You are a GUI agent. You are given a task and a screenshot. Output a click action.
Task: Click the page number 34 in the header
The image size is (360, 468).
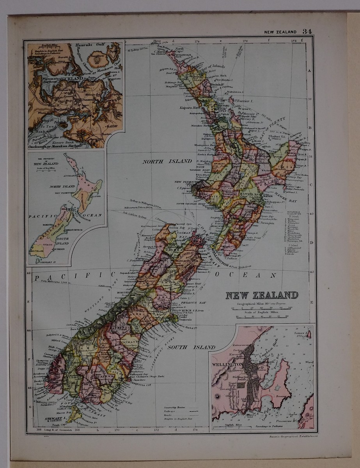pos(307,32)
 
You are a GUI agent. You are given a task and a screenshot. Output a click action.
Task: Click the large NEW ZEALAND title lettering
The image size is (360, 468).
pos(262,295)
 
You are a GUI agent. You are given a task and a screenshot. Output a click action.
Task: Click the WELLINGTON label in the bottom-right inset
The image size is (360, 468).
pos(227,365)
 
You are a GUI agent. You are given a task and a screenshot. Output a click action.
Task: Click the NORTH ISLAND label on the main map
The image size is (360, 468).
pos(167,161)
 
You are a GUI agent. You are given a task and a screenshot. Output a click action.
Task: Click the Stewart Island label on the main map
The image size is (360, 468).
pos(53,420)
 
